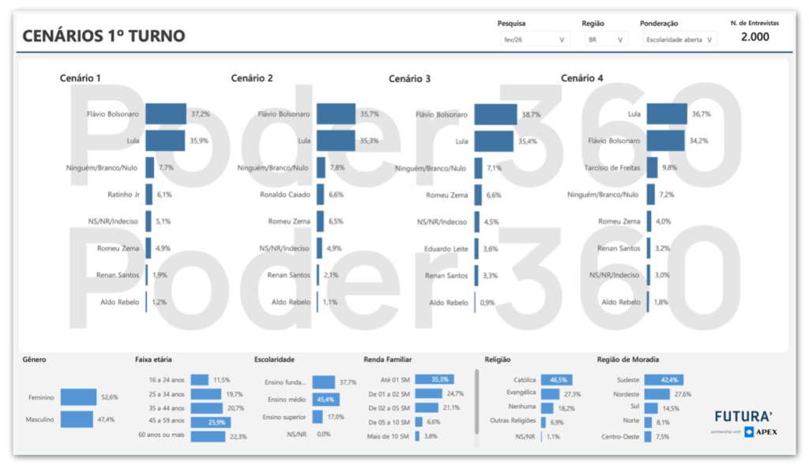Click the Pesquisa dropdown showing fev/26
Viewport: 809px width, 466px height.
tap(534, 39)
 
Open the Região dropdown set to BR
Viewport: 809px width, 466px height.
tap(604, 39)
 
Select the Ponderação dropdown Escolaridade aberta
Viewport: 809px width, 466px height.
tap(678, 39)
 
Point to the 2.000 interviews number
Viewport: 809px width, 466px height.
tap(754, 37)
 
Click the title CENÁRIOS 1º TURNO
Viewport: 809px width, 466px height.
tap(103, 36)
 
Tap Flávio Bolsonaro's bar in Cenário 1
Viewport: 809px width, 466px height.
tap(166, 115)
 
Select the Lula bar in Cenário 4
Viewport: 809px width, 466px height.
tap(667, 115)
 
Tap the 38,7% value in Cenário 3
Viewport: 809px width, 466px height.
tap(531, 115)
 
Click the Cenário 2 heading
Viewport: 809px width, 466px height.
tap(252, 78)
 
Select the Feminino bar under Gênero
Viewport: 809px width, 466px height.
tap(77, 397)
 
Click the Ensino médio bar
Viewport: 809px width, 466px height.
tap(325, 400)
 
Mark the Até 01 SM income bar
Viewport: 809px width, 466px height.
tap(434, 379)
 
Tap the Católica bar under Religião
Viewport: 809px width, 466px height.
tap(556, 380)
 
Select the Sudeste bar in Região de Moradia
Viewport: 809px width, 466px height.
tap(664, 380)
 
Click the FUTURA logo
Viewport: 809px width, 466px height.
tap(743, 416)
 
